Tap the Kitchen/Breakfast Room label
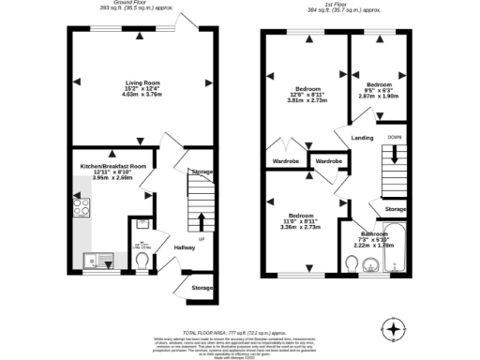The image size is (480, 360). [x=113, y=166]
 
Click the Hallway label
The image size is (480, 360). [x=183, y=248]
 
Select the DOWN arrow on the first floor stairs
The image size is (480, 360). [x=394, y=156]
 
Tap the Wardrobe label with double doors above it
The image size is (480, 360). [x=286, y=160]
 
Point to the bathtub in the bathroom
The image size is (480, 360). [x=397, y=251]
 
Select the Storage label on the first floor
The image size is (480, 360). [x=395, y=208]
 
